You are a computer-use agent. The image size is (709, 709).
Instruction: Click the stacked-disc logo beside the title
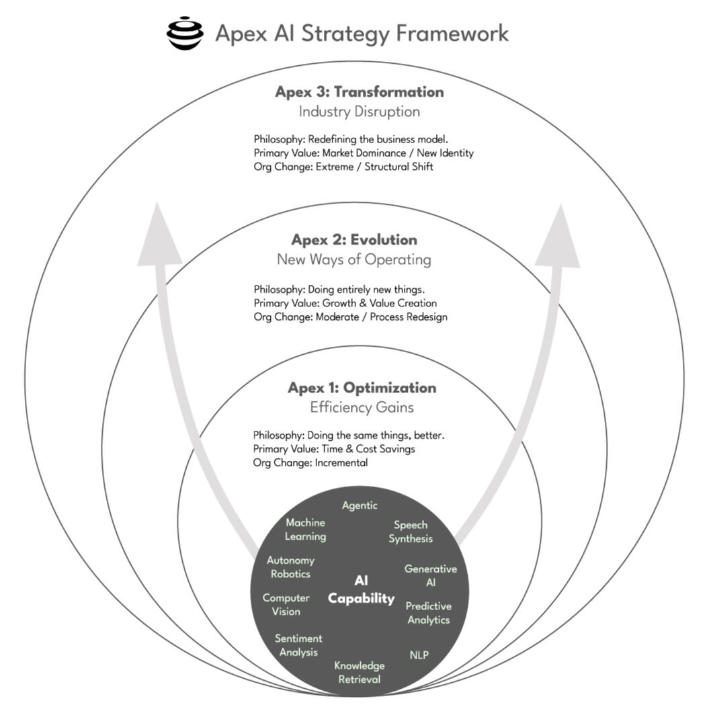point(185,34)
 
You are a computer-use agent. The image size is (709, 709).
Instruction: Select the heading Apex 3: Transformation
point(359,92)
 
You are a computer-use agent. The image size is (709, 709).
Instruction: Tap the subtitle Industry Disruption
point(359,112)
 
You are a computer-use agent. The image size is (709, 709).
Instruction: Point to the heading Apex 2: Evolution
point(353,240)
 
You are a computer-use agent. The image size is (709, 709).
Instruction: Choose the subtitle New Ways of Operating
point(353,259)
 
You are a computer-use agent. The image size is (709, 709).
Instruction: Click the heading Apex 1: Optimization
point(362,388)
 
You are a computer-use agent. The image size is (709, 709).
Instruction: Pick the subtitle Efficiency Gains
point(362,407)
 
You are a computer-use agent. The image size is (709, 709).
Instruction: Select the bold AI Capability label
point(361,589)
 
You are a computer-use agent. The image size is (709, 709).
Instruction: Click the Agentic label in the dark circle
point(360,505)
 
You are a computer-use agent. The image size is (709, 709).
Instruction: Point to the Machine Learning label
point(305,530)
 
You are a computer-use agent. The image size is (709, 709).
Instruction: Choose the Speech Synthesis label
point(411,532)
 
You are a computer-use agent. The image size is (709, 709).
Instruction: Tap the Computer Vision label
point(286,604)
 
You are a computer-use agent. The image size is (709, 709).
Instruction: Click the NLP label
point(419,655)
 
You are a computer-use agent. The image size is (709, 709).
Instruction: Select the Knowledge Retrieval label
point(360,672)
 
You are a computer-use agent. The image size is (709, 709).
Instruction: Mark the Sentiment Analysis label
point(298,645)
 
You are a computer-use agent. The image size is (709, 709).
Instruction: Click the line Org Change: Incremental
point(310,463)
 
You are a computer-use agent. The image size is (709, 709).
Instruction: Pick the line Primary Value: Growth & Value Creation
point(345,303)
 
